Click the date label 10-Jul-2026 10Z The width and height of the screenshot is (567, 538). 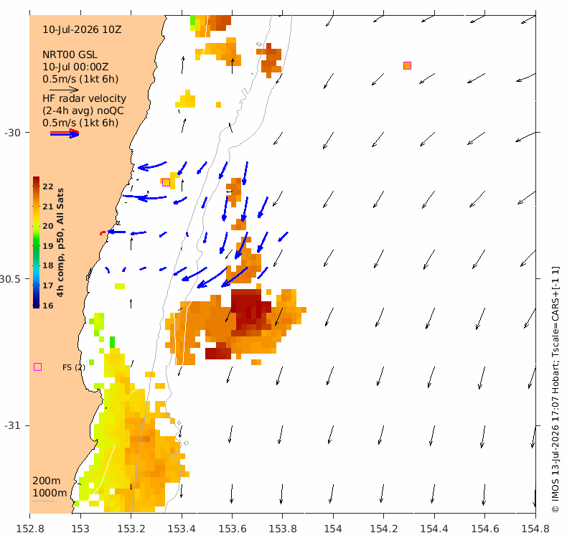pyautogui.click(x=82, y=29)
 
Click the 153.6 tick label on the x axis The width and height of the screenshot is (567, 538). pyautogui.click(x=232, y=529)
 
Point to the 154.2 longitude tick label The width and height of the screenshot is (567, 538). pyautogui.click(x=384, y=529)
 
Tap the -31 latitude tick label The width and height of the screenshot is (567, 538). pyautogui.click(x=12, y=425)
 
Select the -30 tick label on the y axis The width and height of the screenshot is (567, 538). pyautogui.click(x=12, y=133)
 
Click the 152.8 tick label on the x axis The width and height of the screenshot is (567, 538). pyautogui.click(x=30, y=529)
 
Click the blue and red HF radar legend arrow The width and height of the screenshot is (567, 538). pyautogui.click(x=65, y=133)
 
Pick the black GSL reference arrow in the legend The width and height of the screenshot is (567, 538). pyautogui.click(x=64, y=89)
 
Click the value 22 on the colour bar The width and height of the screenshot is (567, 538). pyautogui.click(x=48, y=187)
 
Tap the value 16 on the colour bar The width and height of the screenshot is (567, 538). pyautogui.click(x=48, y=306)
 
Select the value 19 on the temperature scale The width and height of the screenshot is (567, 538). pyautogui.click(x=48, y=246)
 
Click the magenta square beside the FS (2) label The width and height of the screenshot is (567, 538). pyautogui.click(x=37, y=367)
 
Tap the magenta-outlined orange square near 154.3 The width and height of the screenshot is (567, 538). pyautogui.click(x=407, y=65)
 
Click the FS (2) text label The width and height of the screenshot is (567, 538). pyautogui.click(x=74, y=367)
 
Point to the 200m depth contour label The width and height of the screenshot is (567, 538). pyautogui.click(x=47, y=481)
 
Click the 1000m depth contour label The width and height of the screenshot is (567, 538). pyautogui.click(x=50, y=494)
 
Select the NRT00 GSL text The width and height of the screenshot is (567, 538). pyautogui.click(x=70, y=55)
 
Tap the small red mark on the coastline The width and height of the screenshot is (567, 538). pyautogui.click(x=103, y=232)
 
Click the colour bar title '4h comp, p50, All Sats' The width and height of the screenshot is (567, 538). pyautogui.click(x=60, y=242)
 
